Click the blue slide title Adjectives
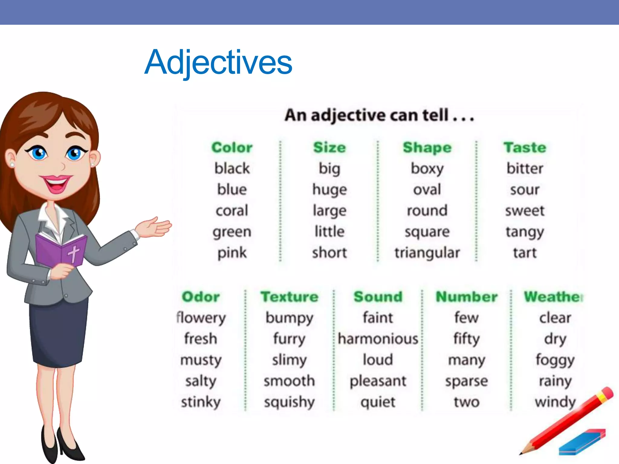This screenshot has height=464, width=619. point(218,63)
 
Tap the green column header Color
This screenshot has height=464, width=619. point(232,147)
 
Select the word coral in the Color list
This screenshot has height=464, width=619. point(232,211)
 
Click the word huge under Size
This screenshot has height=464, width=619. point(329,190)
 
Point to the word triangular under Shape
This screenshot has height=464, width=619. point(427,253)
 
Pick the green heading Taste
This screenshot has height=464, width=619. point(525,147)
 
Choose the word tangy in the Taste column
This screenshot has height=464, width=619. point(525,232)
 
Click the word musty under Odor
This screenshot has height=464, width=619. point(201,360)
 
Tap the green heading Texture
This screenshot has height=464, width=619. point(290,297)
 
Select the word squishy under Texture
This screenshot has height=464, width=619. point(290,402)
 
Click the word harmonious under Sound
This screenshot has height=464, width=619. point(378,339)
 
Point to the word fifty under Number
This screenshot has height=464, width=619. point(466,339)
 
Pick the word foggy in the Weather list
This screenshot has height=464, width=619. point(555,360)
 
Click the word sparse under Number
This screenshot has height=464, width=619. point(466,381)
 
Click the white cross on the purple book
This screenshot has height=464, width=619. point(73,253)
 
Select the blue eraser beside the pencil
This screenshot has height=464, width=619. point(582,443)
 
